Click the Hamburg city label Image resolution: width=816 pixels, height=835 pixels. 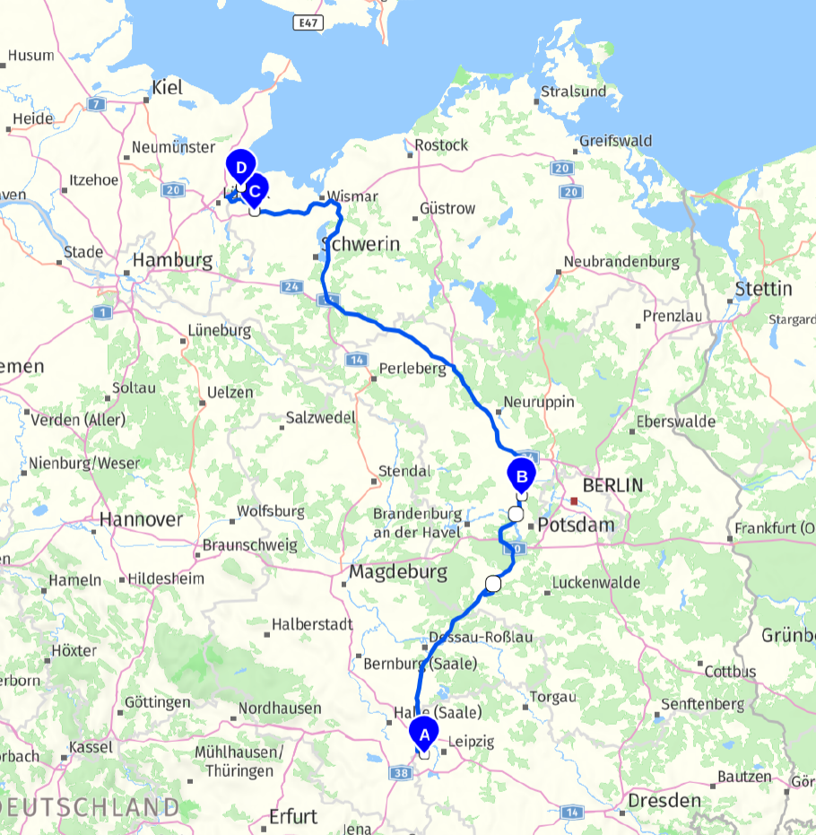(x=172, y=261)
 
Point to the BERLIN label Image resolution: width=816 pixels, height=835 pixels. (x=612, y=485)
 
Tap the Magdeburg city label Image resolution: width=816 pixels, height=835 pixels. (x=398, y=571)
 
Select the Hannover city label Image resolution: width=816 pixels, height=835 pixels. (x=141, y=519)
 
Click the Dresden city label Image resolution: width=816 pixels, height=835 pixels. (x=664, y=800)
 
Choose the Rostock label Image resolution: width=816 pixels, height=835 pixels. (x=441, y=144)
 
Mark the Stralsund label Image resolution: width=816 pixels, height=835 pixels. (x=574, y=91)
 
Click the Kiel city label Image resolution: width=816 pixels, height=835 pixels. (x=168, y=87)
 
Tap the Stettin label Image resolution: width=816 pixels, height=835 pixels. (x=763, y=290)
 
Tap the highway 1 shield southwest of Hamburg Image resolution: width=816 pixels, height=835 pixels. (x=100, y=312)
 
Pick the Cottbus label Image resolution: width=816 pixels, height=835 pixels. (x=730, y=672)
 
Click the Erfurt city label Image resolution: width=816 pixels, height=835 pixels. (x=293, y=816)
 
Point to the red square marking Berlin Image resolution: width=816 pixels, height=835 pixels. (x=574, y=500)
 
